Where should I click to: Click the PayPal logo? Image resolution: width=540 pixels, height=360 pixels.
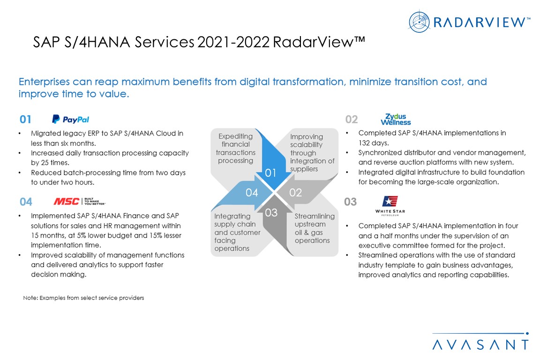(70, 119)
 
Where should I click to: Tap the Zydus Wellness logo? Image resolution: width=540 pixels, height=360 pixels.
(396, 120)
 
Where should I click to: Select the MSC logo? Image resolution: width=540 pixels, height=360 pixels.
(80, 201)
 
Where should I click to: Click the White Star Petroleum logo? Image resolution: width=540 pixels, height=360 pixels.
(390, 206)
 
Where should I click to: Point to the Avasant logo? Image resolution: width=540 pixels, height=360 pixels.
(481, 341)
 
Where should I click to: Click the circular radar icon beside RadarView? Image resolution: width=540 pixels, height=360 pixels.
(419, 22)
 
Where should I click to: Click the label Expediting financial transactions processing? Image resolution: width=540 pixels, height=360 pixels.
(236, 149)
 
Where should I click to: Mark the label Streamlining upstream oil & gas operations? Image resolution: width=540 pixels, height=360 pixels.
(315, 228)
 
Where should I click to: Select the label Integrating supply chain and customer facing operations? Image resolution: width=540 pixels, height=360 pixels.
(237, 232)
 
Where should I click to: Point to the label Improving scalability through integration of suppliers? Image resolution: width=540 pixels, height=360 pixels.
(312, 153)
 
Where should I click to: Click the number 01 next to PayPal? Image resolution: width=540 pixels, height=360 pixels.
(25, 119)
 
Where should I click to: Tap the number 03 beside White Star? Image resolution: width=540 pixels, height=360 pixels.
(350, 202)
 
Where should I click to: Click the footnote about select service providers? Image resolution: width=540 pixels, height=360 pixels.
(83, 298)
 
